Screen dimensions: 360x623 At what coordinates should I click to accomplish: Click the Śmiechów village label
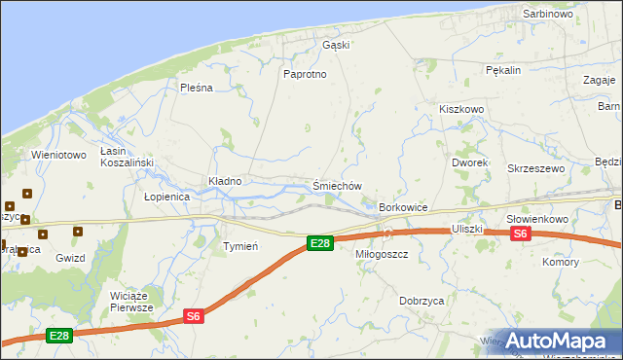coord(337,186)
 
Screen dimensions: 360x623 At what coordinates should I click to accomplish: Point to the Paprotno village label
coord(304,74)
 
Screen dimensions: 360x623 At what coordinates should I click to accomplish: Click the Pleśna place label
coord(196,88)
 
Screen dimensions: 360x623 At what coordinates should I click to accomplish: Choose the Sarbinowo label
coord(548,15)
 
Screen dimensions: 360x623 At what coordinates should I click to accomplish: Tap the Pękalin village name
coord(504,70)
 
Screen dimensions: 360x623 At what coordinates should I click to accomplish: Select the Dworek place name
coord(469,162)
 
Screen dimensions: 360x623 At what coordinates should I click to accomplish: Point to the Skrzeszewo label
coord(536,168)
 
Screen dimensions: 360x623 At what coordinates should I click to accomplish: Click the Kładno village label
coord(225,181)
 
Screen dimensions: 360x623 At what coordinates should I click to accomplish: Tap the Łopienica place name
coord(166,196)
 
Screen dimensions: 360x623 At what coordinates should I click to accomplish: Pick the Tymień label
coord(240,246)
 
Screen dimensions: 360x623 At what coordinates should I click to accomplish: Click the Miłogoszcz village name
coord(381,253)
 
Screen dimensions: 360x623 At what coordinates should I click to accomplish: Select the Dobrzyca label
coord(421,301)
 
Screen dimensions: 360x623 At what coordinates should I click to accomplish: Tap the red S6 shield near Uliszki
coord(520,234)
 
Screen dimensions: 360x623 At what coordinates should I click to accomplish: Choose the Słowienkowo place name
coord(538,219)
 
